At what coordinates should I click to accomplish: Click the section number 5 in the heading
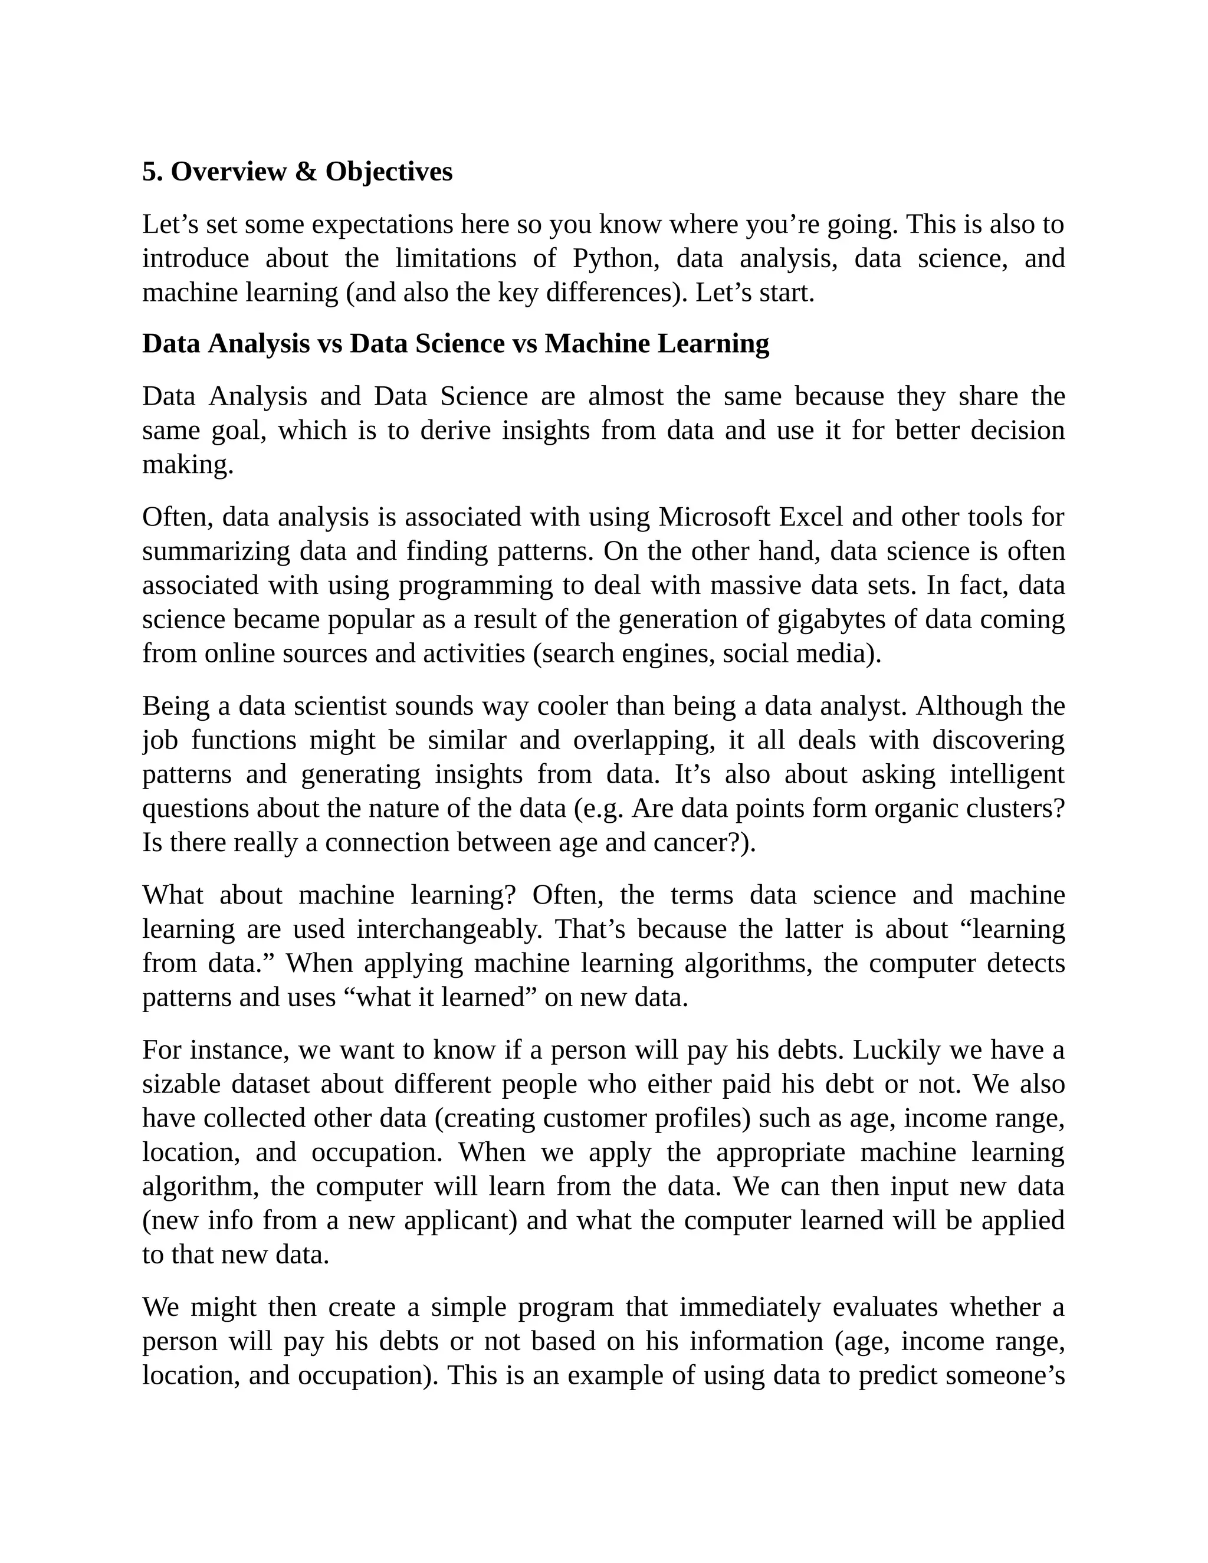point(148,172)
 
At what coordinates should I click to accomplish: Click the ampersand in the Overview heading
point(306,172)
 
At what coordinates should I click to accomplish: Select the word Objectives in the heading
point(389,172)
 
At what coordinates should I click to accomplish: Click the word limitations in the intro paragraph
point(455,258)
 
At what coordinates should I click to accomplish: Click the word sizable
point(181,1084)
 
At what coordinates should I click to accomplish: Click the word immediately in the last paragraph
point(749,1308)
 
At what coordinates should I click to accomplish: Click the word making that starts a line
point(188,465)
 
